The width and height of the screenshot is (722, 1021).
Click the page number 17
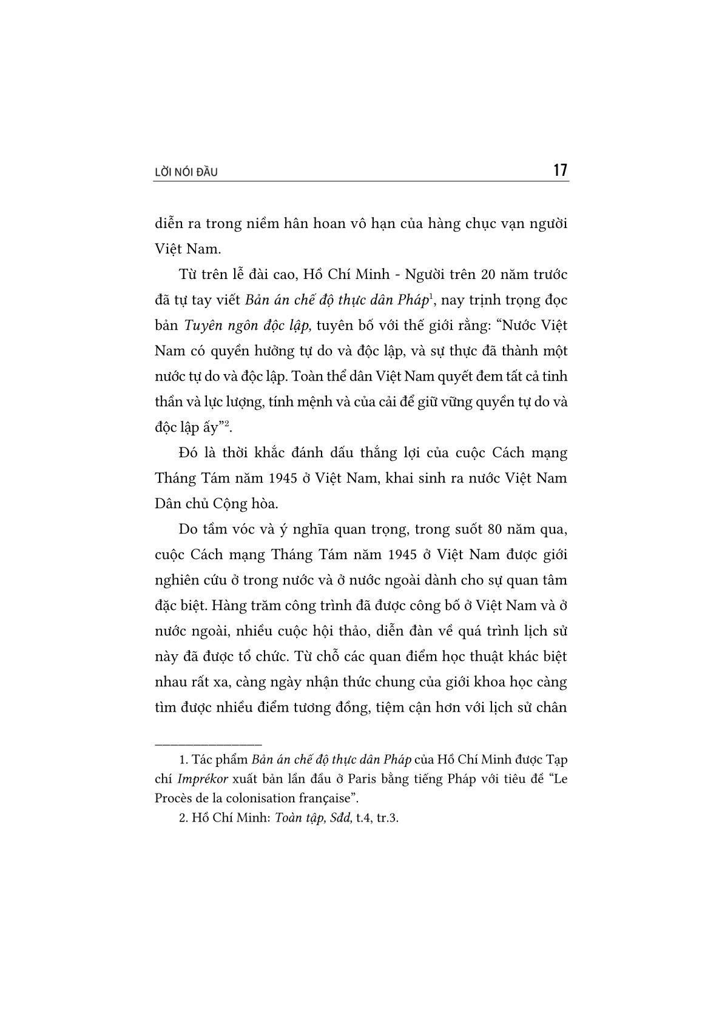tap(560, 170)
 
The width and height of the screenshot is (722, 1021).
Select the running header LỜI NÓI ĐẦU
tap(186, 173)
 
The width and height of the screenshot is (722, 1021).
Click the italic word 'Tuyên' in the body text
tap(203, 326)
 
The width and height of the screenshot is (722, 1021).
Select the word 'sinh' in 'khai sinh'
tap(444, 478)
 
